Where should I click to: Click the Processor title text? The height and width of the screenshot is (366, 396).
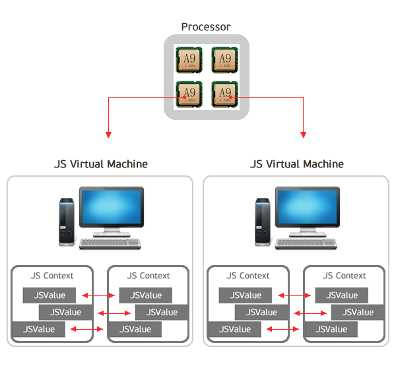(x=206, y=27)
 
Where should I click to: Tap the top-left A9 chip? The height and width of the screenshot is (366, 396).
(x=189, y=59)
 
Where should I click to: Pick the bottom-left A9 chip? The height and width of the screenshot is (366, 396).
(x=189, y=94)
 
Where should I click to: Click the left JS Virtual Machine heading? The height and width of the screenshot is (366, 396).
(x=100, y=164)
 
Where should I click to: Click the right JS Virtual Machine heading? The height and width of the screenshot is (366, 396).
(x=297, y=164)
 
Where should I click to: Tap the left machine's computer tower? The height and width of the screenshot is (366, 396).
(x=67, y=220)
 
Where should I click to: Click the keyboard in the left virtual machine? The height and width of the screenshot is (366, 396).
(x=111, y=243)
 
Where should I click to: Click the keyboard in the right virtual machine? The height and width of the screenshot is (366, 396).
(x=307, y=243)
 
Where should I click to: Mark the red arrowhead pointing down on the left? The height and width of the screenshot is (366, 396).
(x=108, y=135)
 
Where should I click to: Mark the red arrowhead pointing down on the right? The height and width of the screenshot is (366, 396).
(x=304, y=135)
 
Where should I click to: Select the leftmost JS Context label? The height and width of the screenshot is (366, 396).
(x=52, y=276)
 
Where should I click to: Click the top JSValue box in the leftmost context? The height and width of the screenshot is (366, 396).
(x=49, y=295)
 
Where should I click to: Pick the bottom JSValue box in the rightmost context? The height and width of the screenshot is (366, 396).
(x=336, y=329)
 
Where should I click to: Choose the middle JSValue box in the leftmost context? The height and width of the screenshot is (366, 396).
(x=65, y=312)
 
